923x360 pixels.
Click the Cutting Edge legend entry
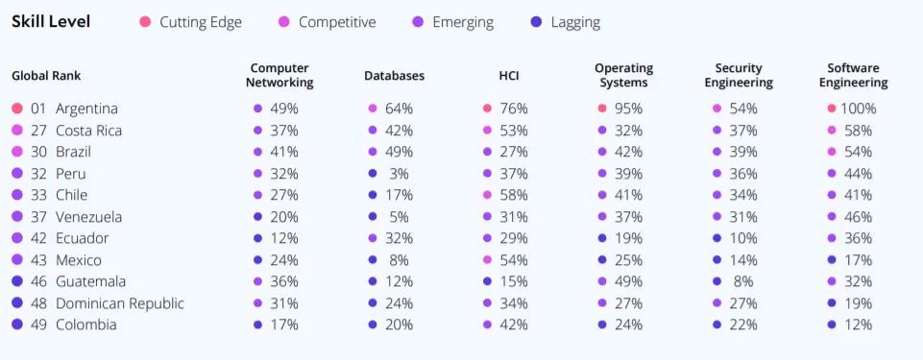point(200,22)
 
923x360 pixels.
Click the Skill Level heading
point(51,22)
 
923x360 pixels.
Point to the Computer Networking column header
point(280,76)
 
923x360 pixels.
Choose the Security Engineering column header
point(739,76)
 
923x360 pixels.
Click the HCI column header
point(508,76)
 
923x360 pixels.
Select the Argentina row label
point(86,108)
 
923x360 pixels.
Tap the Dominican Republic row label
point(120,303)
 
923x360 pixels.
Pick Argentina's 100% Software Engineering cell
point(858,108)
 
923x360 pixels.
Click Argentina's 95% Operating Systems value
point(629,108)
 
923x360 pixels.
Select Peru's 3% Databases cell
point(400,174)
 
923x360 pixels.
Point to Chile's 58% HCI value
point(514,195)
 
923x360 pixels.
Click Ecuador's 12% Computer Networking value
point(283,238)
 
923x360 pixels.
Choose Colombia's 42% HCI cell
point(514,324)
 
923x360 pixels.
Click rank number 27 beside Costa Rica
point(38,131)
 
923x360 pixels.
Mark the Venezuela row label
point(89,217)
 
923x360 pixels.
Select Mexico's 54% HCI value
point(514,260)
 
